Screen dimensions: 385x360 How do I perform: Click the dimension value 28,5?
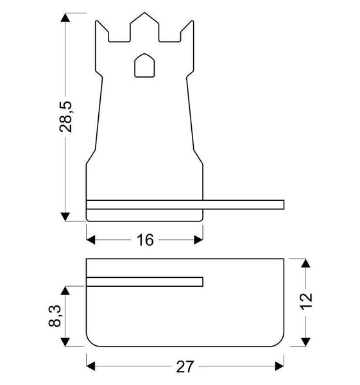[x=65, y=116]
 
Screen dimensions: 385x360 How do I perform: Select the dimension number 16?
[x=145, y=240]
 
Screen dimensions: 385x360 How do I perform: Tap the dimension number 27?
[x=184, y=367]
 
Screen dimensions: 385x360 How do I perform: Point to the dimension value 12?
[x=306, y=300]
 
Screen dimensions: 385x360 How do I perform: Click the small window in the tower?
[x=145, y=66]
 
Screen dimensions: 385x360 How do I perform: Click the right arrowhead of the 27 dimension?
[x=279, y=366]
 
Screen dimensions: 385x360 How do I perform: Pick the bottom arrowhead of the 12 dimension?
[x=306, y=338]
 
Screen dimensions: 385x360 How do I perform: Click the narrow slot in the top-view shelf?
[x=145, y=282]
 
